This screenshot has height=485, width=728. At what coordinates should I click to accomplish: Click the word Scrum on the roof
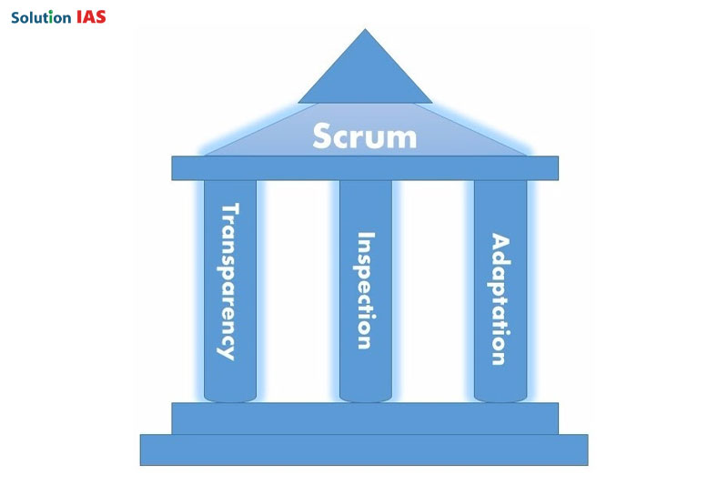coord(364,136)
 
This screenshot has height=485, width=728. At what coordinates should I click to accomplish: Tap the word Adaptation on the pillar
coord(500,299)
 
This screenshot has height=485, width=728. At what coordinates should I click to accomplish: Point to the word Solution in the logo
coord(40,16)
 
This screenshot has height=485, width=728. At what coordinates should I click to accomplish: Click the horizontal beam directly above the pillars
coord(365,167)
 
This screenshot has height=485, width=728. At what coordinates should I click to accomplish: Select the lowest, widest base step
coord(364,450)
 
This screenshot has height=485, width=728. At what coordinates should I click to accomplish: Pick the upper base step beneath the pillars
coord(365,418)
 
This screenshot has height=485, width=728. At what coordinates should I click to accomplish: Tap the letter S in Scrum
coord(322,136)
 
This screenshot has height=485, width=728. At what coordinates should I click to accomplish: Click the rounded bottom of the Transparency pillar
coord(230,395)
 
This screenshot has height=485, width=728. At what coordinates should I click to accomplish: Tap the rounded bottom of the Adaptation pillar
coord(500,395)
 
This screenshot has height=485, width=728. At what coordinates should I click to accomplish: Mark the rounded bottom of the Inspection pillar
coord(365,395)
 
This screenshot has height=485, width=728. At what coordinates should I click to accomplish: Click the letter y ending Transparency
coord(227,351)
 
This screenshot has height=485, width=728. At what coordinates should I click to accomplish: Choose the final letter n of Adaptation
coord(499,358)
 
